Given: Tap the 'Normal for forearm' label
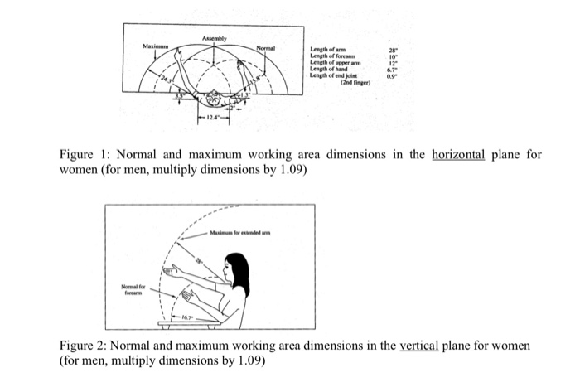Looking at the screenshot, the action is tap(133, 289).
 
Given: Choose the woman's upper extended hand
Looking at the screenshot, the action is tap(172, 271).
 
